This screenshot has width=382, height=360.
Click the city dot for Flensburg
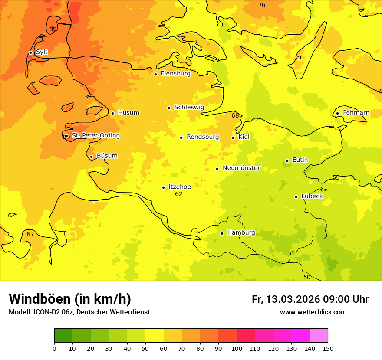coord(155,74)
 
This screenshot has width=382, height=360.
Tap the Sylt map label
coord(42,52)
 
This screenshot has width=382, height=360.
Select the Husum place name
coord(128,113)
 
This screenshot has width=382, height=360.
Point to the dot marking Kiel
coord(233,137)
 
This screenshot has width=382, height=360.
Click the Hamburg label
coord(241,233)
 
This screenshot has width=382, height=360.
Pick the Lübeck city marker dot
coord(296,197)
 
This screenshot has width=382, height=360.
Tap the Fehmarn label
coord(356,113)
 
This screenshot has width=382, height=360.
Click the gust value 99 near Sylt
coord(53,29)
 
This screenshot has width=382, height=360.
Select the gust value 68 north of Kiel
coord(235,116)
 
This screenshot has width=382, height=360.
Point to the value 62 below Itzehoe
coord(179,194)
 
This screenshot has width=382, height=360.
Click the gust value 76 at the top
coord(262,5)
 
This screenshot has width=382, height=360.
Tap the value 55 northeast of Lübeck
coord(336,178)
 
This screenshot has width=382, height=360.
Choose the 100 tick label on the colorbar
coord(237,348)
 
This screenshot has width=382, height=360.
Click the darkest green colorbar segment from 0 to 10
coord(63,335)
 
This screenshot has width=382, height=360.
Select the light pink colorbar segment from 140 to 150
coord(319,335)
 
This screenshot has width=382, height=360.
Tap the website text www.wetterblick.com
coord(313,312)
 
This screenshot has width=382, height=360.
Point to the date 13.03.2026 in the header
coord(293,299)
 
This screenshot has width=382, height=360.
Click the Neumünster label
coord(241,168)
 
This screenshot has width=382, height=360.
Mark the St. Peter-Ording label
coord(96,136)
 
